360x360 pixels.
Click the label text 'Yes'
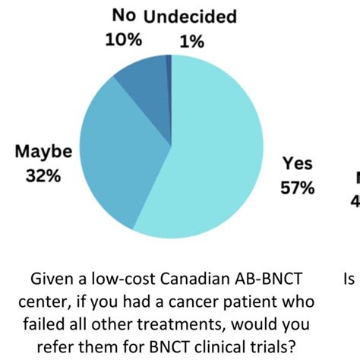[298, 163]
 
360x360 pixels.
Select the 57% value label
[298, 186]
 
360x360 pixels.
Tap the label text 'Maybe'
[43, 151]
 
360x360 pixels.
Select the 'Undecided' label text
[190, 16]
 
